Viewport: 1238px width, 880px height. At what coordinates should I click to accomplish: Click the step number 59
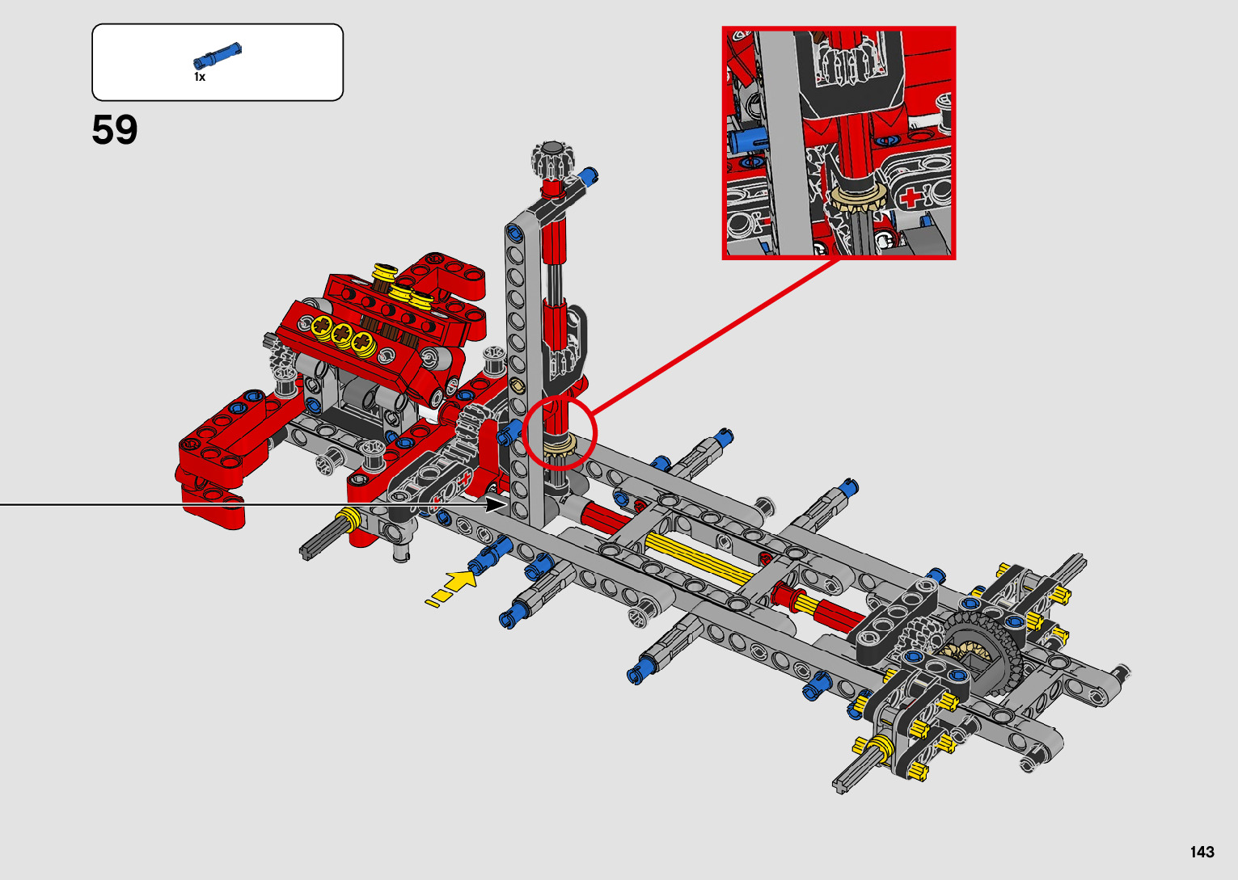pyautogui.click(x=114, y=130)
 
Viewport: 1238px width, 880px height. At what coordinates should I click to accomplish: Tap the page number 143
pyautogui.click(x=1202, y=852)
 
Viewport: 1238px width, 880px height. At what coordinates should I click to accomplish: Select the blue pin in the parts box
pyautogui.click(x=218, y=55)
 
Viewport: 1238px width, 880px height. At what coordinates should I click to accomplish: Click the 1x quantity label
pyautogui.click(x=200, y=77)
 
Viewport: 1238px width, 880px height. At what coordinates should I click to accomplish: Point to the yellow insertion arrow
pyautogui.click(x=451, y=587)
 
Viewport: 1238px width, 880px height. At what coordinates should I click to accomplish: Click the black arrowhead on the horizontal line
pyautogui.click(x=496, y=503)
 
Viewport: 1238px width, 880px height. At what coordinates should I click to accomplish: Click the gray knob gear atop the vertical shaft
pyautogui.click(x=552, y=158)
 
